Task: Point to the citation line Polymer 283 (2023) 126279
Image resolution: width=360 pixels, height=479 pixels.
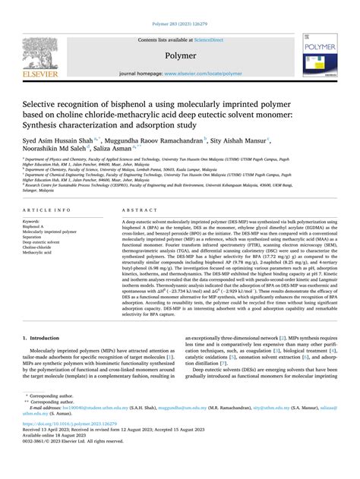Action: [180, 6]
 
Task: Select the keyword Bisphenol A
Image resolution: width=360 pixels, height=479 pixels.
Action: [37, 226]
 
